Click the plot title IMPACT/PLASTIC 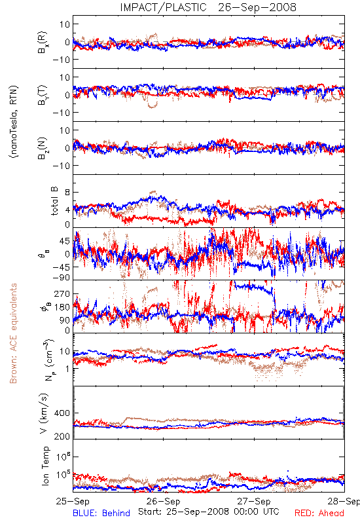tap(163, 7)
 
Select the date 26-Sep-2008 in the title tap(257, 7)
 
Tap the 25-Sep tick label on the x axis tap(73, 501)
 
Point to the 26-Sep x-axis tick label tap(163, 501)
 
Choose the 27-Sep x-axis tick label tap(254, 501)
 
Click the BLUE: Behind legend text tap(101, 513)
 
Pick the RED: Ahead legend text tap(319, 513)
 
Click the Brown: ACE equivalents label tap(13, 333)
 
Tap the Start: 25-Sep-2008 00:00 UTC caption tap(209, 512)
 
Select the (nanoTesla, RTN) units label tap(14, 122)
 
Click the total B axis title tap(54, 201)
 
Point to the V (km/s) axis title tap(44, 413)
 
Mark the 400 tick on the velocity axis tap(62, 413)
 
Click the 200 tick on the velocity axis tap(62, 436)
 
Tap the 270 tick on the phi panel tap(62, 293)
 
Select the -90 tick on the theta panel tap(62, 278)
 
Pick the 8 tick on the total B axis tap(67, 193)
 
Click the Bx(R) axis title tap(43, 42)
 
